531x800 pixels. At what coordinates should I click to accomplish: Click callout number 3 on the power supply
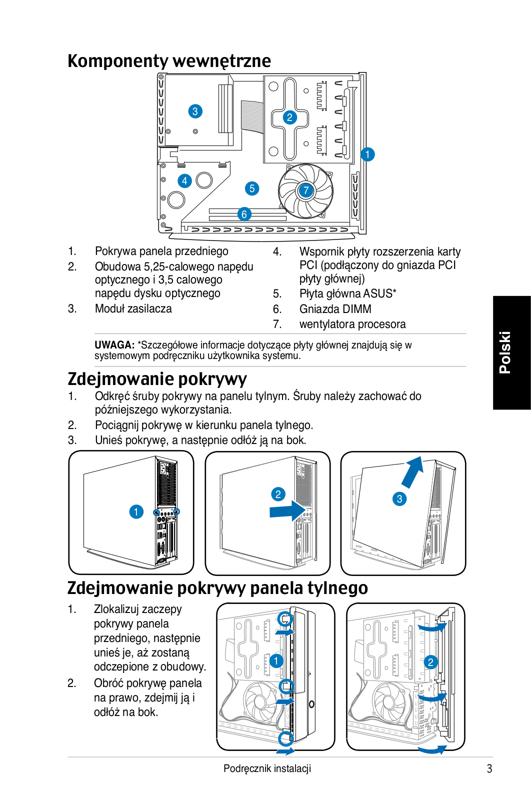(195, 111)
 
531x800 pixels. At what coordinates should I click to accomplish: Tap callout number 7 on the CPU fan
(305, 190)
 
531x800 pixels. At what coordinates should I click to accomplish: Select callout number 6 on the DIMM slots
(244, 214)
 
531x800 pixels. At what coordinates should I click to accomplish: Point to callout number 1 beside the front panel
(367, 154)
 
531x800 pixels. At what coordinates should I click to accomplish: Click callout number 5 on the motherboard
(252, 188)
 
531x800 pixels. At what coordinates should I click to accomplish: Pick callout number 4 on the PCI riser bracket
(184, 181)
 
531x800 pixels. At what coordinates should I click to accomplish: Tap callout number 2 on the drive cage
(289, 117)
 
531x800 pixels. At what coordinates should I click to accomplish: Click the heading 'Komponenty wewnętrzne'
(169, 60)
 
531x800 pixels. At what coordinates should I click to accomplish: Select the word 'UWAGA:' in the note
(114, 345)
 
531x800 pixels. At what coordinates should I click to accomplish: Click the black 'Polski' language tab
(511, 352)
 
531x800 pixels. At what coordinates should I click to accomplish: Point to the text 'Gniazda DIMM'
(335, 309)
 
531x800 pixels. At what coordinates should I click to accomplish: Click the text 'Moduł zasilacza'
(133, 308)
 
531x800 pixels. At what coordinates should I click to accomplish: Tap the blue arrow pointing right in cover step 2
(287, 510)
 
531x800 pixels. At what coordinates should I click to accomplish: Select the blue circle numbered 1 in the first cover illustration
(136, 512)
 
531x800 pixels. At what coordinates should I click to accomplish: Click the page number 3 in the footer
(489, 768)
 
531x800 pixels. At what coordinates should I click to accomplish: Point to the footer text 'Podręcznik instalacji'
(267, 768)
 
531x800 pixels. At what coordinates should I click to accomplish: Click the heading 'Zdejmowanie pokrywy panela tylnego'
(217, 588)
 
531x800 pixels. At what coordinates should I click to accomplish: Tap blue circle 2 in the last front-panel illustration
(430, 662)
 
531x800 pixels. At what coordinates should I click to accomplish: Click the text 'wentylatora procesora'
(352, 324)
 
